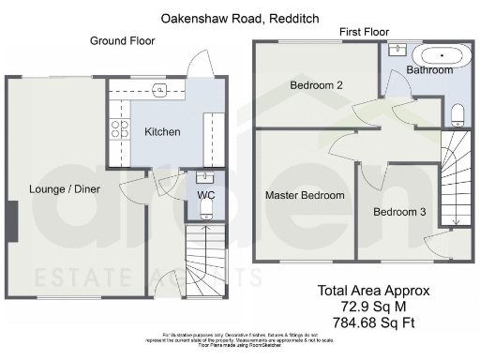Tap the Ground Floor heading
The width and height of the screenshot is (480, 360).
click(x=122, y=41)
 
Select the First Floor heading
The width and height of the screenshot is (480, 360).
click(x=365, y=32)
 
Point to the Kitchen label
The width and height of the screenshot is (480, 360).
click(x=162, y=132)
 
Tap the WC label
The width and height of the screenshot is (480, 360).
click(x=205, y=195)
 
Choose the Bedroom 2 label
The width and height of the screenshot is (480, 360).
click(x=315, y=85)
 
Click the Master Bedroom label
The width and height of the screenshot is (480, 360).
click(x=305, y=196)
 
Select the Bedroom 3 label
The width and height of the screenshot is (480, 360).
click(x=399, y=212)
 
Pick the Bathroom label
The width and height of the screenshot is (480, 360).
click(x=430, y=70)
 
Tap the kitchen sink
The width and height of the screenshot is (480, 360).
click(x=161, y=90)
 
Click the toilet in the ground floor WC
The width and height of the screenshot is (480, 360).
click(x=207, y=213)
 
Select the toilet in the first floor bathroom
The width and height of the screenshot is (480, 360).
click(x=457, y=114)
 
